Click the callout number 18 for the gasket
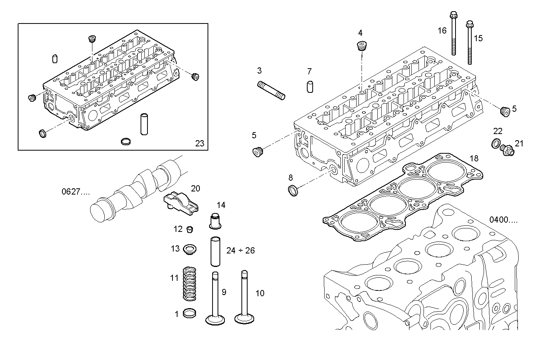pyautogui.click(x=474, y=158)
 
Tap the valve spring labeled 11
pyautogui.click(x=189, y=284)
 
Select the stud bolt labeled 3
pyautogui.click(x=271, y=90)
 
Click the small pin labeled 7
pyautogui.click(x=310, y=86)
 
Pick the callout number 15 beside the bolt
pyautogui.click(x=478, y=38)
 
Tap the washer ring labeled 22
pyautogui.click(x=497, y=144)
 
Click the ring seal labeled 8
pyautogui.click(x=294, y=190)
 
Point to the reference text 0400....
pyautogui.click(x=503, y=220)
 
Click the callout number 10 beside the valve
pyautogui.click(x=260, y=294)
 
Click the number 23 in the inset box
pyautogui.click(x=199, y=144)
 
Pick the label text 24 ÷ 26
pyautogui.click(x=240, y=251)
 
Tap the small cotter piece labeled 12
pyautogui.click(x=189, y=230)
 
